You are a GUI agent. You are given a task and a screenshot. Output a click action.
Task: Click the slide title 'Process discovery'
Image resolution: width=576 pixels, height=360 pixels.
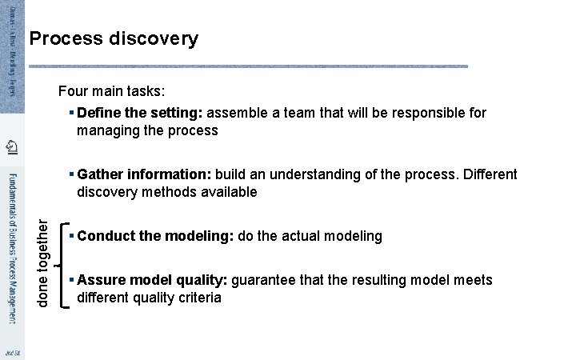pyautogui.click(x=113, y=38)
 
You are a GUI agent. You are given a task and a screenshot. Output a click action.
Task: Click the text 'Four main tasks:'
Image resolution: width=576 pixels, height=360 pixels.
pyautogui.click(x=111, y=92)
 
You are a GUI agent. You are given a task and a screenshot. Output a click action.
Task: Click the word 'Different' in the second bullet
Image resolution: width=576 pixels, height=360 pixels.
pyautogui.click(x=489, y=174)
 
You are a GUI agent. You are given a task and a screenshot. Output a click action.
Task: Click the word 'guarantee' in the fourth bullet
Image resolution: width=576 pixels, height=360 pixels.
pyautogui.click(x=264, y=280)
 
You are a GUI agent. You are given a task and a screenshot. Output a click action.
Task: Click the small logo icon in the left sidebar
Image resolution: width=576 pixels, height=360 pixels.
pyautogui.click(x=11, y=146)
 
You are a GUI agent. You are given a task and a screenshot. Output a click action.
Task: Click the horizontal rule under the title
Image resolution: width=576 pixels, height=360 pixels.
pyautogui.click(x=248, y=66)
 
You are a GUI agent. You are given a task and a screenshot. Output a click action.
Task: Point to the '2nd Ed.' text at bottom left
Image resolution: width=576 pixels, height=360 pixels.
pyautogui.click(x=11, y=352)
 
